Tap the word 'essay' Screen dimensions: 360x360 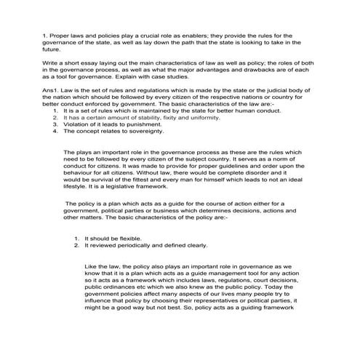point(81,63)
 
